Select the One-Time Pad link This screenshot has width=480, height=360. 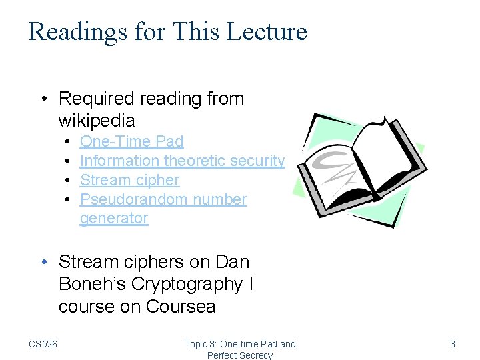coord(131,141)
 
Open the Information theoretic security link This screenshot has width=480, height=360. coord(182,161)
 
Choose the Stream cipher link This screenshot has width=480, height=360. coord(129,180)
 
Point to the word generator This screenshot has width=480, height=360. coord(114,218)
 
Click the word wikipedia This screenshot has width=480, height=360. coord(97,121)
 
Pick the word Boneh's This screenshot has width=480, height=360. coord(90,284)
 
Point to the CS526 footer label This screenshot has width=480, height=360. coord(43,344)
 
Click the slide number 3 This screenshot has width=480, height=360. coord(453,344)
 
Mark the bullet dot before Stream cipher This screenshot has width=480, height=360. coord(69,181)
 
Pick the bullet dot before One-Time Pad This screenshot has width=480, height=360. coord(69,142)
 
